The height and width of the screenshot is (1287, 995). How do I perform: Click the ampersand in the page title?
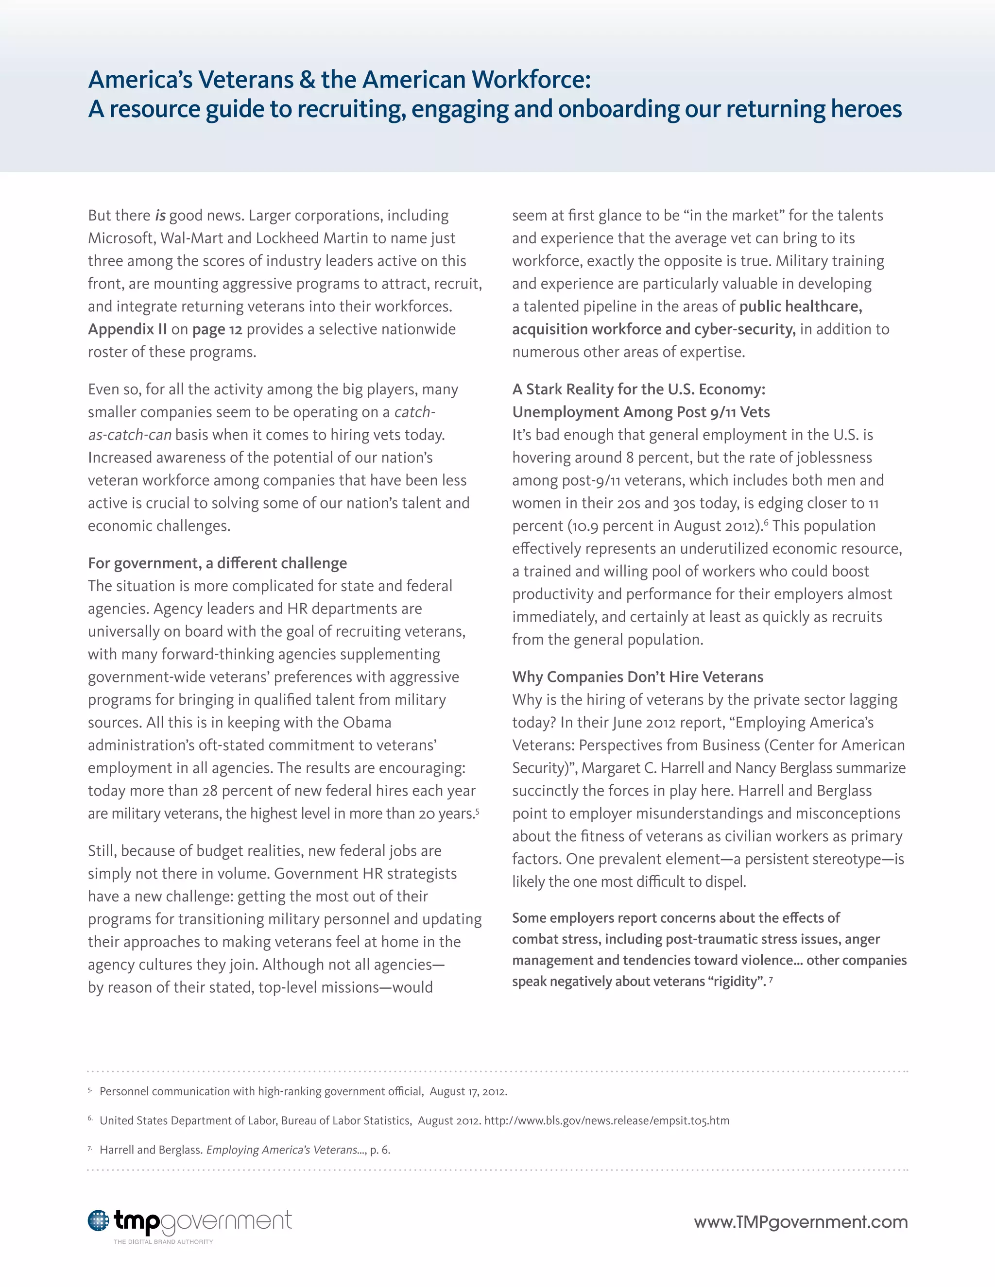point(307,80)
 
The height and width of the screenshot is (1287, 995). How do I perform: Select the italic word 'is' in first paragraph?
point(160,216)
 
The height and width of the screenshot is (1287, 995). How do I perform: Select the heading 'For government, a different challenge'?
point(218,563)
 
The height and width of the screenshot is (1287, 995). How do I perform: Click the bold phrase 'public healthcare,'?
point(801,306)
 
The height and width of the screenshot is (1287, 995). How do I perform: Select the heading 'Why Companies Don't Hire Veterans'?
point(638,677)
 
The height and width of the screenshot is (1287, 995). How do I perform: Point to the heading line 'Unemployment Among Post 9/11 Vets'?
point(641,412)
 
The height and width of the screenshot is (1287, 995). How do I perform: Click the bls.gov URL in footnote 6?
point(606,1120)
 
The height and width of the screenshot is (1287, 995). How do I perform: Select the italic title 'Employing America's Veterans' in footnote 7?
point(282,1150)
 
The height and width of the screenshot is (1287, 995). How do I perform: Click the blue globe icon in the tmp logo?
point(99,1221)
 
